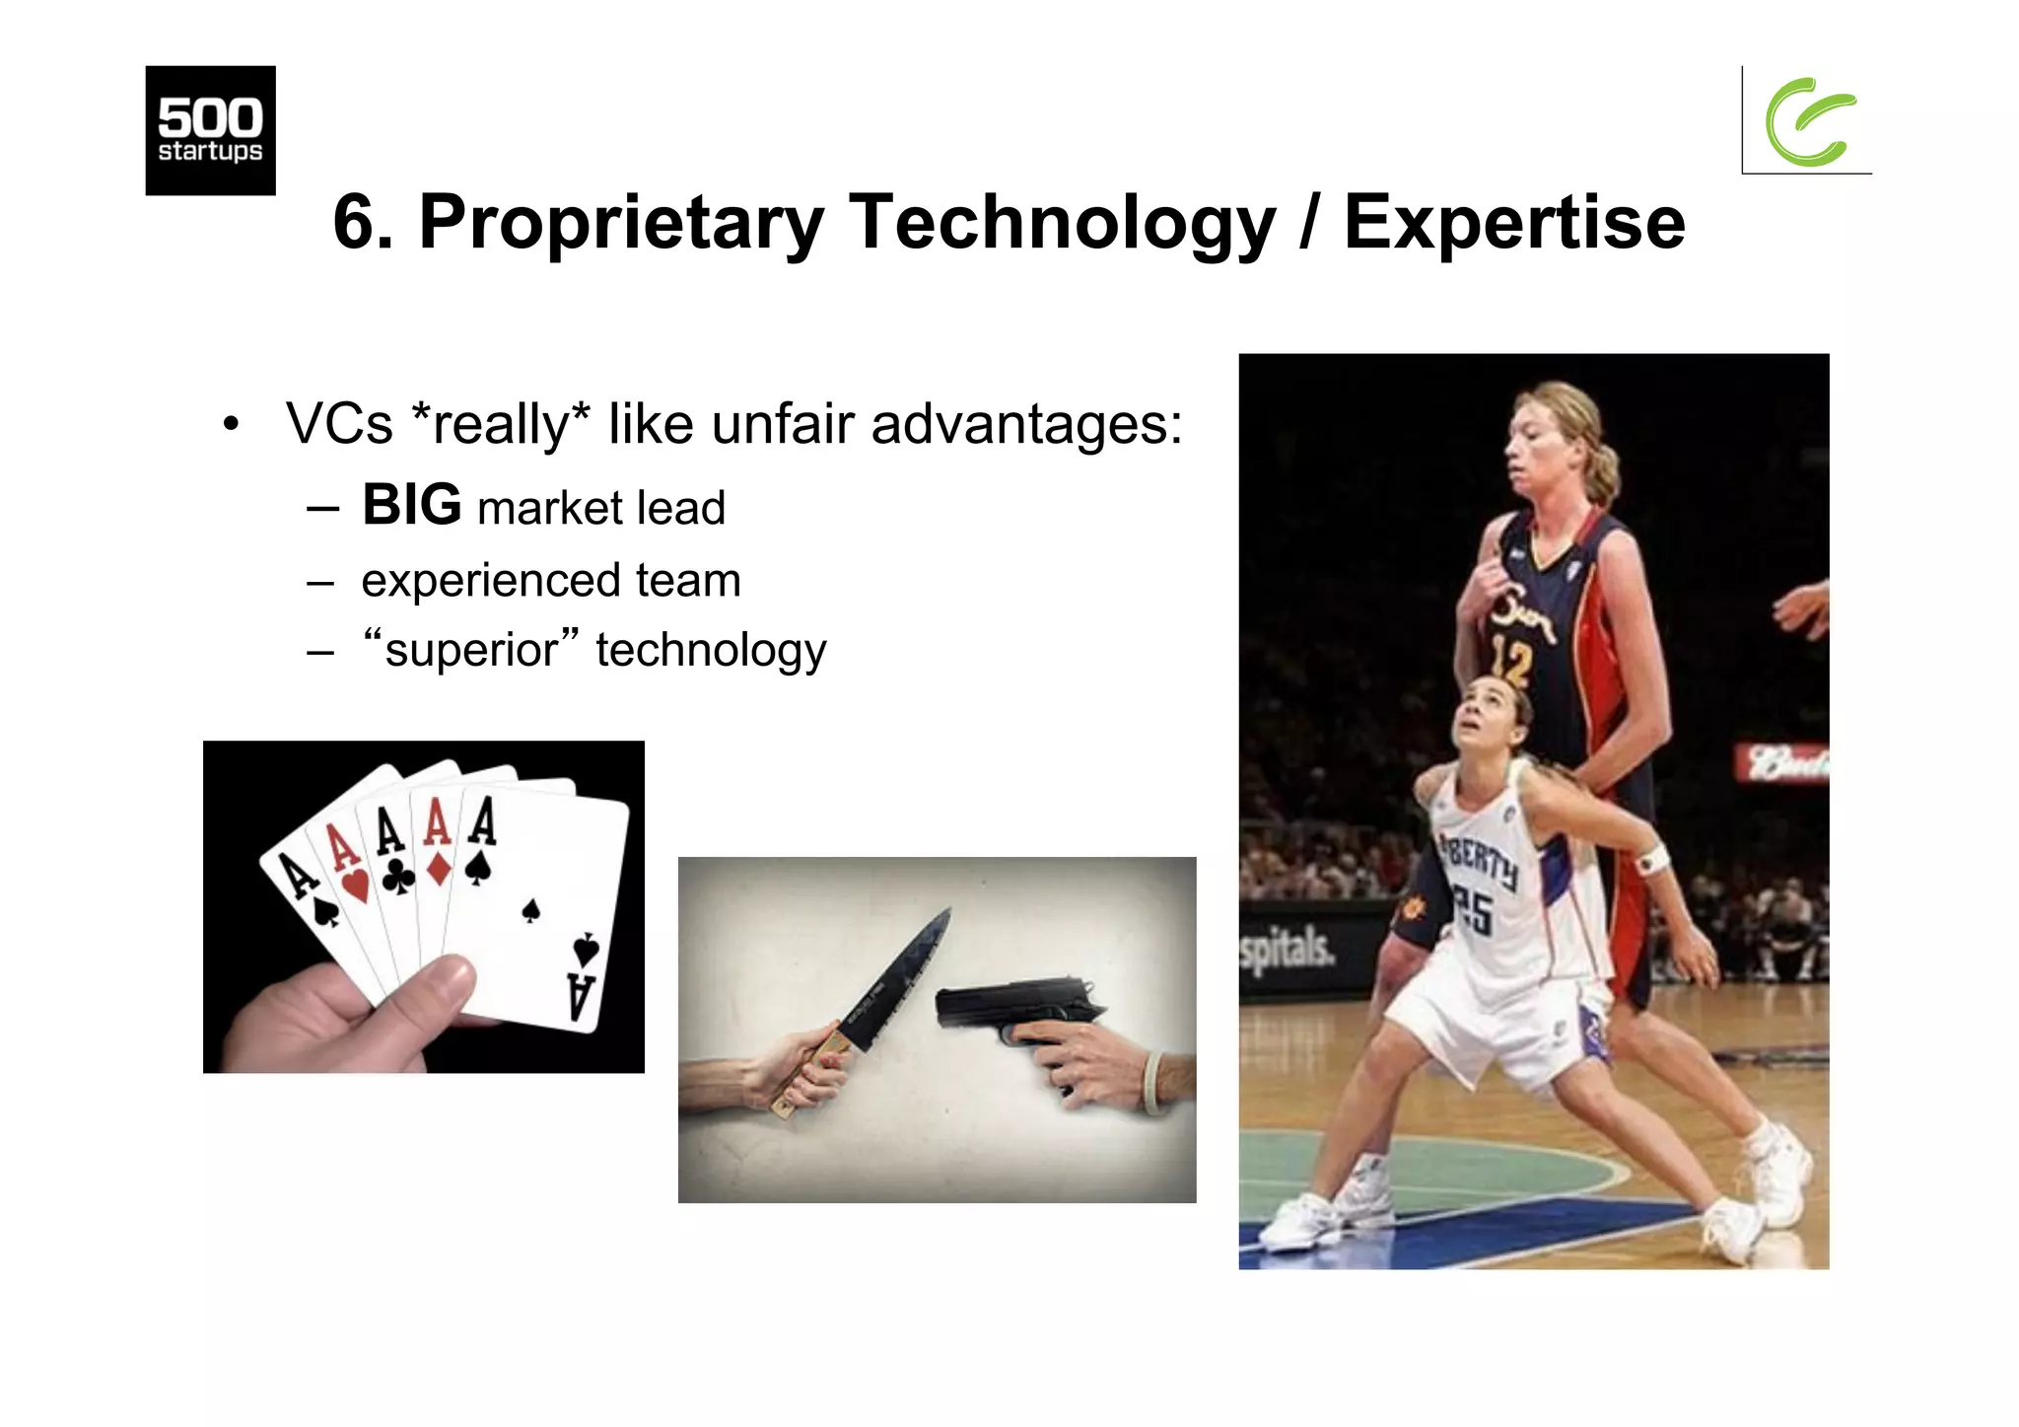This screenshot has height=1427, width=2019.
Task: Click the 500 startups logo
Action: point(210,130)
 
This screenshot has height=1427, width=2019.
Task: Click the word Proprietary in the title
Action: point(621,223)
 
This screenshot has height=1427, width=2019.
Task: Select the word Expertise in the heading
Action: point(1514,223)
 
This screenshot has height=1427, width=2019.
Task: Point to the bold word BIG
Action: point(411,505)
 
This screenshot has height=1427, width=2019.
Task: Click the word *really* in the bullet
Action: point(500,424)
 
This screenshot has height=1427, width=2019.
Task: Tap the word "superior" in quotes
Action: point(471,649)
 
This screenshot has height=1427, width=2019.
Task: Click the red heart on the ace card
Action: point(355,884)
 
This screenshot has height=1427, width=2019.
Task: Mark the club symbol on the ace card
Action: point(397,876)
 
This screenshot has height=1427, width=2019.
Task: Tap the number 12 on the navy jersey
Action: point(1509,661)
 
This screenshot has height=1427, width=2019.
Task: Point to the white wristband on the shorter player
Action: point(1651,859)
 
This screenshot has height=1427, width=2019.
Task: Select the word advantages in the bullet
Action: point(1026,424)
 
